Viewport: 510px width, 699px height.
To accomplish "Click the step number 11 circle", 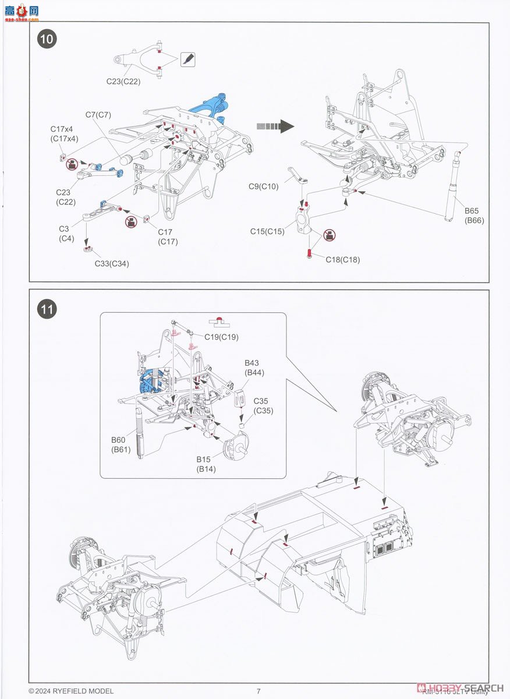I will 48,309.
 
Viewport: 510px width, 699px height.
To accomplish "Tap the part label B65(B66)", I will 473,216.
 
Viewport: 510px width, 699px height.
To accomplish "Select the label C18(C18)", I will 342,260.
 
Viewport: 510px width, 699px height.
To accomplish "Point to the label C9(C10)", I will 264,186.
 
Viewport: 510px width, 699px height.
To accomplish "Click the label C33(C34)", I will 112,263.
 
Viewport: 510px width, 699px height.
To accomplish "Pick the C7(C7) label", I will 99,115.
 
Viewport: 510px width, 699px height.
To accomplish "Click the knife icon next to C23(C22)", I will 188,59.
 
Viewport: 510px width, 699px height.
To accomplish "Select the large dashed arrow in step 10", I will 274,126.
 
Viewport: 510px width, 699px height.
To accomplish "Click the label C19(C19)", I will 221,337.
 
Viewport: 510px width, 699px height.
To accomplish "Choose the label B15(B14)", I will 206,465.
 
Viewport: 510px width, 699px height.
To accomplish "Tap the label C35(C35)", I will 264,405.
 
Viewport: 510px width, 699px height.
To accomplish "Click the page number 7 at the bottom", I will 258,691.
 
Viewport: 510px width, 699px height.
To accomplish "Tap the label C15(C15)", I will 267,231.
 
